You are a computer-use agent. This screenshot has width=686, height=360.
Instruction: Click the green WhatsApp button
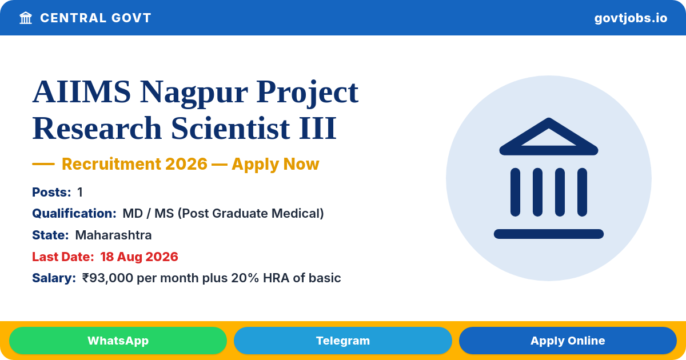pyautogui.click(x=118, y=341)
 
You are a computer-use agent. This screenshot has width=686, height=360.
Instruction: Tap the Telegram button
pyautogui.click(x=342, y=341)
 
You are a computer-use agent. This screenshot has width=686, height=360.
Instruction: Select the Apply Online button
pyautogui.click(x=568, y=341)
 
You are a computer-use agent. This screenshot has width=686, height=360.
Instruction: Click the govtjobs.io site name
pyautogui.click(x=631, y=18)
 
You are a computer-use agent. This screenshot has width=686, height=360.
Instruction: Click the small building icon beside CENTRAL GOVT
pyautogui.click(x=26, y=18)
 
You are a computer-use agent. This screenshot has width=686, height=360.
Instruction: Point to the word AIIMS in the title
pyautogui.click(x=81, y=92)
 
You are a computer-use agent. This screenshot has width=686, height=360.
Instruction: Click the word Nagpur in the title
pyautogui.click(x=194, y=93)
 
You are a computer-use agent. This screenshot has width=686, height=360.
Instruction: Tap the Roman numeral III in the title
pyautogui.click(x=318, y=129)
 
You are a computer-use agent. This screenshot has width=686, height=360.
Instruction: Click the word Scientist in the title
pyautogui.click(x=230, y=129)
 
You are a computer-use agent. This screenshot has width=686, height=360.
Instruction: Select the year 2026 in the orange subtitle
pyautogui.click(x=186, y=164)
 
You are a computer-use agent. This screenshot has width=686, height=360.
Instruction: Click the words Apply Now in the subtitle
pyautogui.click(x=276, y=164)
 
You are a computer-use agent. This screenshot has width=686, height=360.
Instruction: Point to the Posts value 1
pyautogui.click(x=80, y=192)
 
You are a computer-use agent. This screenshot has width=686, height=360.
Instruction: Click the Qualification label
pyautogui.click(x=74, y=213)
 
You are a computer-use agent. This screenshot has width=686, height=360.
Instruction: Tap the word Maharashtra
pyautogui.click(x=113, y=235)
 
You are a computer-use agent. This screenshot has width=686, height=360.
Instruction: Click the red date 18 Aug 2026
pyautogui.click(x=139, y=257)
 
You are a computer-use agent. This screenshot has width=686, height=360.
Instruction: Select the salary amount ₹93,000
pyautogui.click(x=107, y=278)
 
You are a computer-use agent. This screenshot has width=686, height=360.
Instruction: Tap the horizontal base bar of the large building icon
pyautogui.click(x=548, y=234)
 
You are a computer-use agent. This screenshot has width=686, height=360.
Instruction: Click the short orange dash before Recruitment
pyautogui.click(x=43, y=164)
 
